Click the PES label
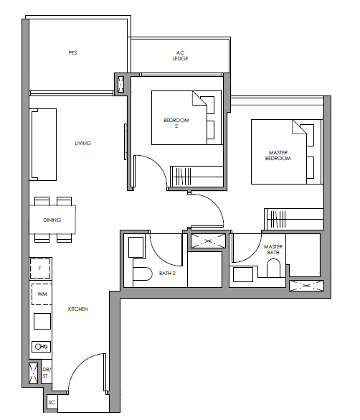click(x=72, y=52)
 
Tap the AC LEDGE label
click(x=180, y=56)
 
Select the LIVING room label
click(x=83, y=144)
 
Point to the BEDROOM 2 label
click(x=176, y=123)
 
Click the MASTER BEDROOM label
click(x=278, y=155)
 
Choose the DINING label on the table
click(x=52, y=220)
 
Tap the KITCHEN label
click(x=78, y=309)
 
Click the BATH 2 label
click(x=167, y=274)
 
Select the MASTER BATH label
click(x=273, y=249)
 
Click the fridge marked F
click(x=40, y=269)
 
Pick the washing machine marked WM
click(x=42, y=294)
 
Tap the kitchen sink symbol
click(x=42, y=347)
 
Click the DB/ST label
click(x=46, y=373)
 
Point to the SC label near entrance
click(x=52, y=402)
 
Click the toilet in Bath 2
click(x=142, y=274)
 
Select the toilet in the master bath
click(x=273, y=268)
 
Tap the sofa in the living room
click(x=43, y=144)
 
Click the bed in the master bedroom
click(x=286, y=152)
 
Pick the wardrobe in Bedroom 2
click(x=196, y=176)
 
